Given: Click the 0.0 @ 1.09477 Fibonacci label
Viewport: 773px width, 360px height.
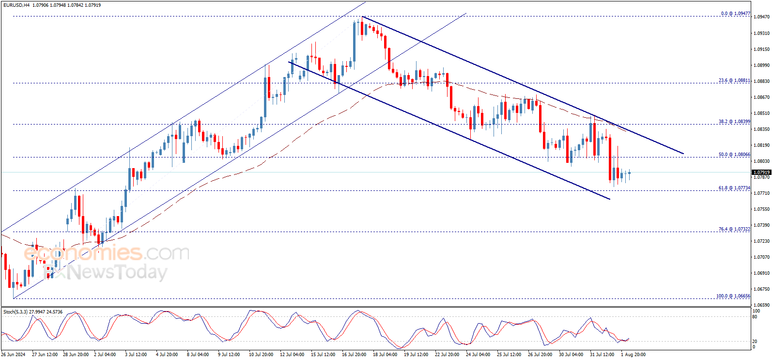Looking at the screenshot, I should point(735,14).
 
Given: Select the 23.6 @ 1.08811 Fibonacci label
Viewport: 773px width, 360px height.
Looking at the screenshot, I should point(734,80).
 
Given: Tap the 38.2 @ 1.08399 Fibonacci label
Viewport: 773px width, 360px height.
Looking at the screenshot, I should point(734,122).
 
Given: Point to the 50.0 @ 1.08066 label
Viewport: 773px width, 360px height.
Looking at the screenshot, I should point(734,155).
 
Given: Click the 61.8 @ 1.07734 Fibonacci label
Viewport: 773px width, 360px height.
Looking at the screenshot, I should point(734,188).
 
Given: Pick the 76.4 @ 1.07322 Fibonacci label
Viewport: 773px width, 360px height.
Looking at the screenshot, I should point(734,229).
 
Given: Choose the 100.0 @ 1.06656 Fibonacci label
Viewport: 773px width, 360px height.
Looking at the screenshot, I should point(733,296).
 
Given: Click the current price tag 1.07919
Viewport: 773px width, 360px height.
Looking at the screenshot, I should point(761,172).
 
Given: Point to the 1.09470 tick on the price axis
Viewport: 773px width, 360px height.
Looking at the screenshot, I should point(762,17).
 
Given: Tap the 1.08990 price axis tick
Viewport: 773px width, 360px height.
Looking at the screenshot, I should point(762,65).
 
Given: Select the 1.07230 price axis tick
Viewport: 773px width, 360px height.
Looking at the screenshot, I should point(762,241).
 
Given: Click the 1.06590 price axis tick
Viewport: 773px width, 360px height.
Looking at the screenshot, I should point(762,305).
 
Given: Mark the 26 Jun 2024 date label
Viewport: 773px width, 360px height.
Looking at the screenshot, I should point(14,355).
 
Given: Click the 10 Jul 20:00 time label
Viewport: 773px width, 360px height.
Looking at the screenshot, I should point(261,355).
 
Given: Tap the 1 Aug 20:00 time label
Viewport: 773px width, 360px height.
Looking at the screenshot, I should point(633,355).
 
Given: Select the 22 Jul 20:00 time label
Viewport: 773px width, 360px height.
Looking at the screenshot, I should point(447,355).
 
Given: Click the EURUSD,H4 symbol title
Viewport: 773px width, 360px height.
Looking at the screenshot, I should point(16,5).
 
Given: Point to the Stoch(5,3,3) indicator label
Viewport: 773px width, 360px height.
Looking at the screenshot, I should point(15,312).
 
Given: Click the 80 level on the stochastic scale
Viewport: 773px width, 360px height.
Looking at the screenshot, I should point(755,317).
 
